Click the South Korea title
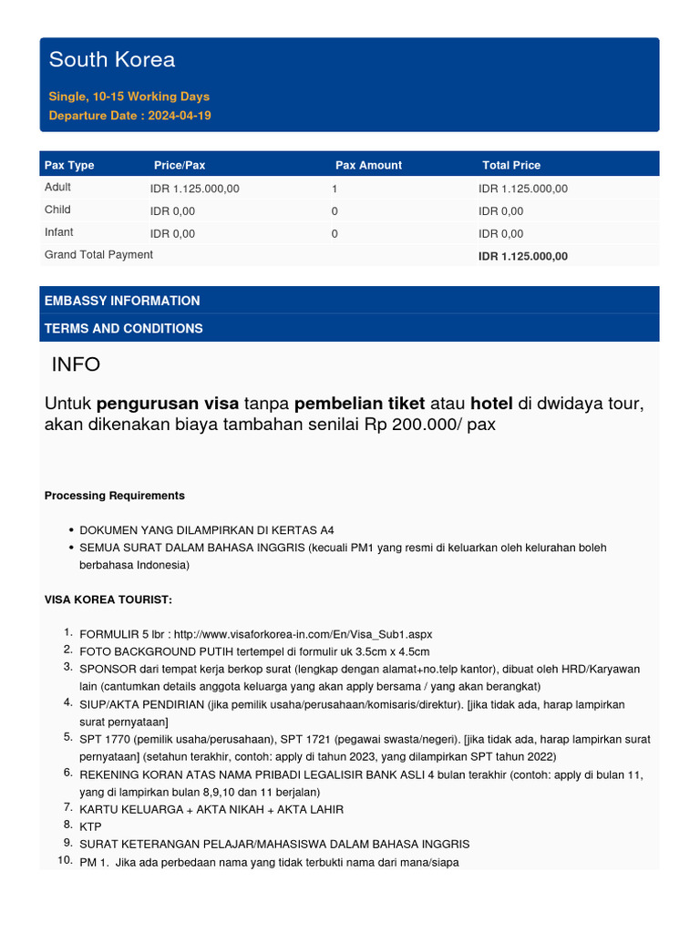click(111, 60)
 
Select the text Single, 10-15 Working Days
click(129, 96)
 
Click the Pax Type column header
click(69, 165)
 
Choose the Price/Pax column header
click(180, 165)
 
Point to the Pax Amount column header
click(368, 165)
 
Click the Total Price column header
click(510, 165)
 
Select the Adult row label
click(57, 188)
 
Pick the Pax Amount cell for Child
click(335, 211)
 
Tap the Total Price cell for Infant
click(500, 234)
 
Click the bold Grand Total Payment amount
click(522, 257)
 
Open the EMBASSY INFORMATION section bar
click(122, 301)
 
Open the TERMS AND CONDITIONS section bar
click(124, 328)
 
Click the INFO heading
click(76, 364)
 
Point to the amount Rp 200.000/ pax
click(430, 425)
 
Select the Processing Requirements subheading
click(114, 496)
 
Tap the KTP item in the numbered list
click(90, 826)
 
